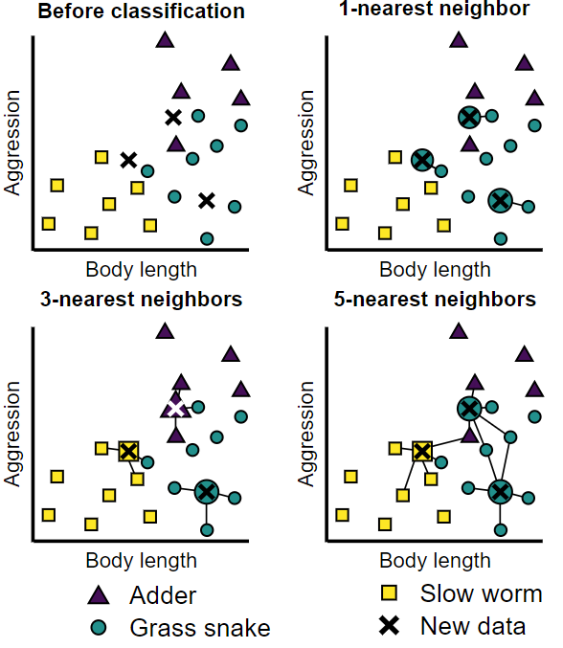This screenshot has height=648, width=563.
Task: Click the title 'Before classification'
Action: pyautogui.click(x=140, y=11)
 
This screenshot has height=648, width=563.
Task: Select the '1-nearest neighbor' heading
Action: pyautogui.click(x=435, y=9)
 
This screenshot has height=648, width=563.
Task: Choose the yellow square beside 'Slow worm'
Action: pyautogui.click(x=390, y=592)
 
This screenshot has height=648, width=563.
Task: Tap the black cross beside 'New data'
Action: pyautogui.click(x=390, y=626)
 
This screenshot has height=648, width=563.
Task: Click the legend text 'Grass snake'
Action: pyautogui.click(x=200, y=628)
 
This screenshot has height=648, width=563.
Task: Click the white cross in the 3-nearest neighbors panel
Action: pyautogui.click(x=174, y=408)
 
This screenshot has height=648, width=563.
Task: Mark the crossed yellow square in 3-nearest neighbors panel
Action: pyautogui.click(x=128, y=451)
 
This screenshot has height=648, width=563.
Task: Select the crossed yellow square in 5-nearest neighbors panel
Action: pyautogui.click(x=421, y=451)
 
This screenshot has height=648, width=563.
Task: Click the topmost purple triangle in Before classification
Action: pyautogui.click(x=165, y=39)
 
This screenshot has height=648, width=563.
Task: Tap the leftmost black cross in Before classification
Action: pyautogui.click(x=128, y=160)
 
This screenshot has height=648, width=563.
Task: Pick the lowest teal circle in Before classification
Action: pyautogui.click(x=207, y=238)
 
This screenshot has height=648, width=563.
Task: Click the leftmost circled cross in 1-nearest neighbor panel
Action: pyautogui.click(x=421, y=160)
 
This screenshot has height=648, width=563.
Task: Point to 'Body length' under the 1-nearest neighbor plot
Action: pyautogui.click(x=435, y=270)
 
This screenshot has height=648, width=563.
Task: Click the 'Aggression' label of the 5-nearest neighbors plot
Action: pyautogui.click(x=307, y=436)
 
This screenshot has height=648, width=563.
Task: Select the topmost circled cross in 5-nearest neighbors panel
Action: pyautogui.click(x=468, y=409)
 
